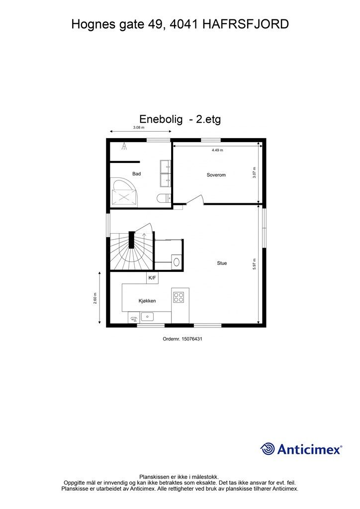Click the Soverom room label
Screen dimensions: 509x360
click(x=216, y=175)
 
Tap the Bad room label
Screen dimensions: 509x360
click(x=137, y=173)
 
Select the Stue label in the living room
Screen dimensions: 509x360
click(x=222, y=263)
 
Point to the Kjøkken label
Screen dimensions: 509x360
click(x=147, y=301)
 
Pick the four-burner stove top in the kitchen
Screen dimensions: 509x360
click(x=178, y=297)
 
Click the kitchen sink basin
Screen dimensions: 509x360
click(x=148, y=316)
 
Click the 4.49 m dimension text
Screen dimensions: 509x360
click(x=217, y=150)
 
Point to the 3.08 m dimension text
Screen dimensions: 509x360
click(x=139, y=128)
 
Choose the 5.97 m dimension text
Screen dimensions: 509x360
click(x=254, y=264)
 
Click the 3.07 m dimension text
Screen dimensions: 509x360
click(x=254, y=172)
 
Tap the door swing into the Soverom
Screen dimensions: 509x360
click(x=197, y=199)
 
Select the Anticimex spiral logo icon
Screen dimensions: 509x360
click(x=268, y=449)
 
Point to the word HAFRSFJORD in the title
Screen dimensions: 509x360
click(x=246, y=23)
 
